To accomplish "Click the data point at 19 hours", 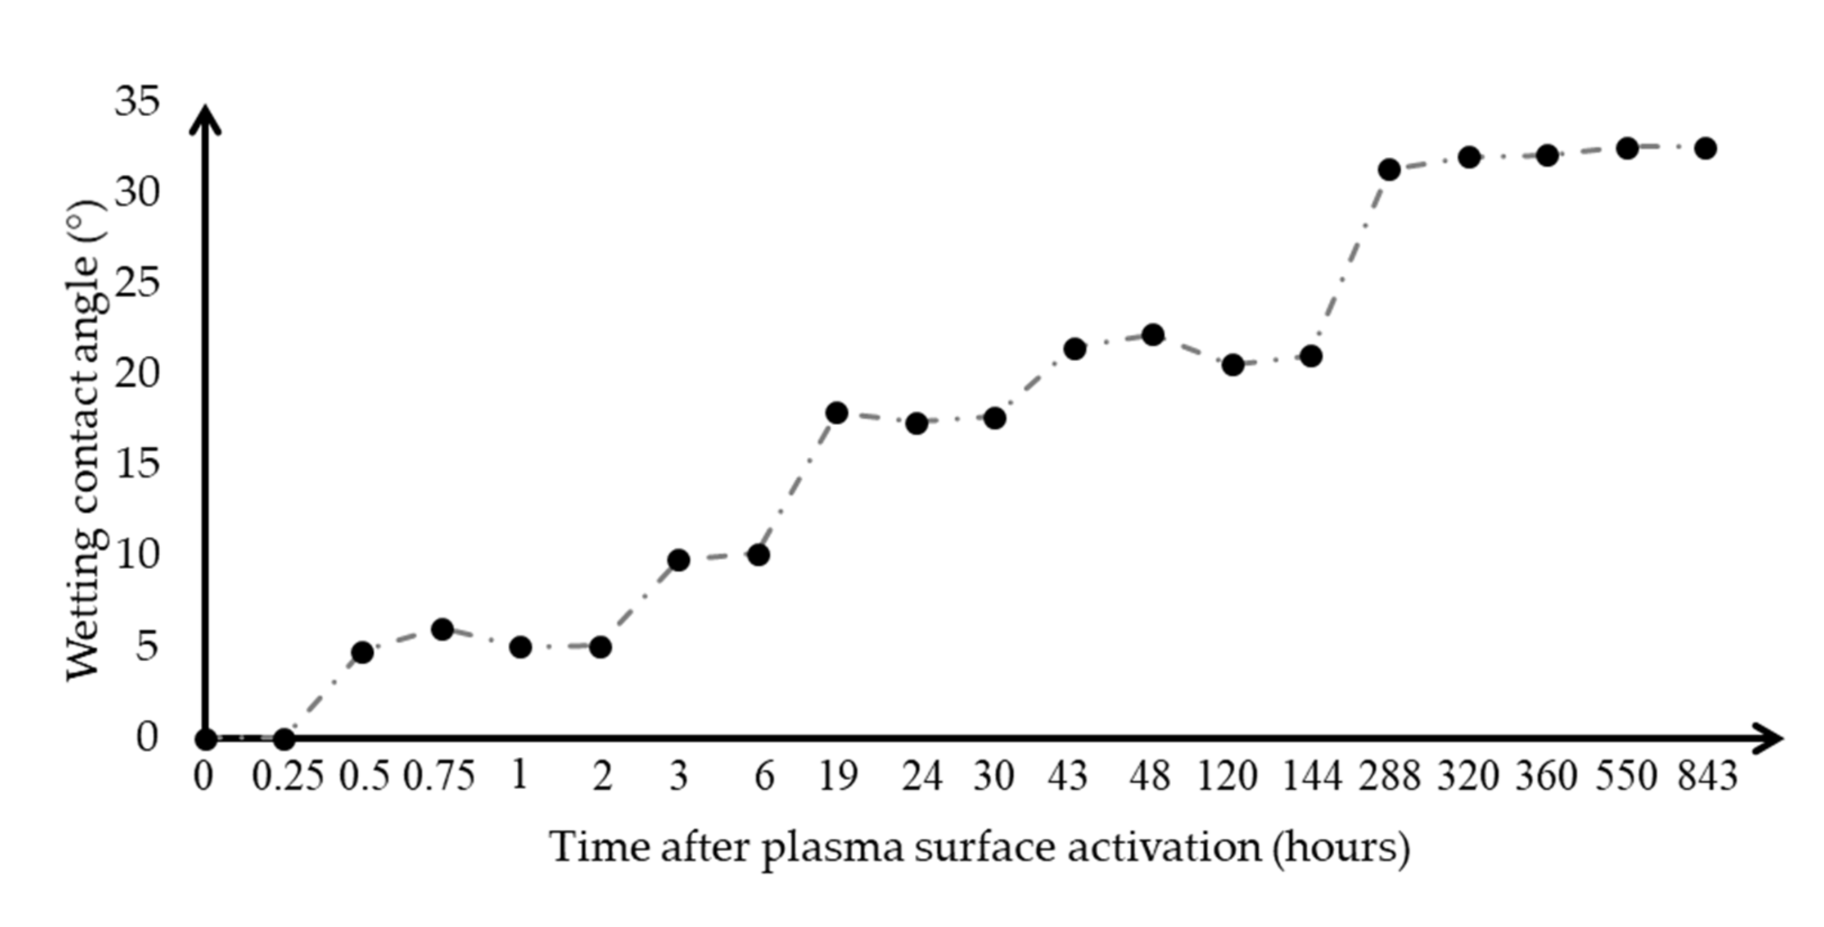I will [x=837, y=412].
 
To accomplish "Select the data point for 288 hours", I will [x=1389, y=169].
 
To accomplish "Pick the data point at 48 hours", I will [x=1153, y=334].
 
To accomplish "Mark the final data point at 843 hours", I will [x=1705, y=148].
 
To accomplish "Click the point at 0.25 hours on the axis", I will [x=284, y=739].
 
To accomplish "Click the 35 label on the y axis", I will [x=137, y=101].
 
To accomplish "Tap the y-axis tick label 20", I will [x=137, y=373].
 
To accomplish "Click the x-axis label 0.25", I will [x=287, y=777].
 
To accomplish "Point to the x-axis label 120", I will [x=1227, y=777].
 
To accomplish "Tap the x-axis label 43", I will [x=1068, y=777].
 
